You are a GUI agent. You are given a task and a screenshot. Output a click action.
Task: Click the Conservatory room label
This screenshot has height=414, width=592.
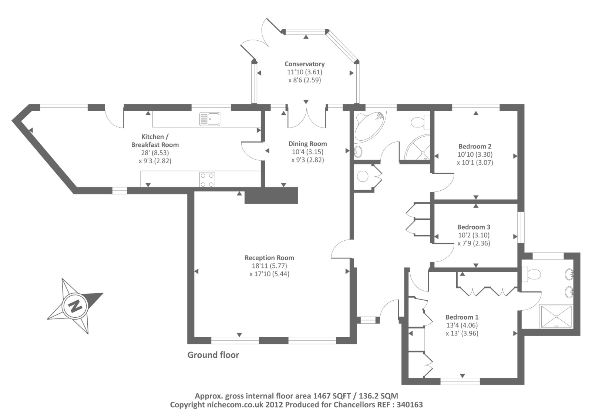tap(305, 64)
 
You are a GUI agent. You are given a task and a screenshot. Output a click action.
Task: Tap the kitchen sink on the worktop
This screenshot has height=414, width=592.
tap(210, 119)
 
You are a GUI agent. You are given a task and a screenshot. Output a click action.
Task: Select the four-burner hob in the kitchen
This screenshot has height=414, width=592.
tap(207, 180)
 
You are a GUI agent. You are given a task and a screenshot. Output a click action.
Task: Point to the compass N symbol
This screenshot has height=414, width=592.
tap(75, 306)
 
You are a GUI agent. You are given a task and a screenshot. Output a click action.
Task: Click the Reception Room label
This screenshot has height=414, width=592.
tap(269, 258)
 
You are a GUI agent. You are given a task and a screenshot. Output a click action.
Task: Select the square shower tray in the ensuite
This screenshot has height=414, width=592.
tap(556, 316)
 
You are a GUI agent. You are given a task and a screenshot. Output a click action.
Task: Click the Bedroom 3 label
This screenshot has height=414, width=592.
tap(474, 227)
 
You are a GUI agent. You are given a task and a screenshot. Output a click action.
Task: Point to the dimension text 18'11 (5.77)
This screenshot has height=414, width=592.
tap(269, 266)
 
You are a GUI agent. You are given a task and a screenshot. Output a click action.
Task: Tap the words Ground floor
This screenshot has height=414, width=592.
tap(213, 355)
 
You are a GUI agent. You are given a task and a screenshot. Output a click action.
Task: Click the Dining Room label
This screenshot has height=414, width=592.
tap(307, 144)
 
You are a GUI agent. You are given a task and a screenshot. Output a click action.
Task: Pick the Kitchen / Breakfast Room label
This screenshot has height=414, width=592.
tap(155, 141)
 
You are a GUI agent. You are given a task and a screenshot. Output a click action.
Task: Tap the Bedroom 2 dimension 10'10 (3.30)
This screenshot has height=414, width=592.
tap(475, 154)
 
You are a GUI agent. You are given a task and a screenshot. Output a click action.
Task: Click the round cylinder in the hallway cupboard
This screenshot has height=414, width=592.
tap(363, 176)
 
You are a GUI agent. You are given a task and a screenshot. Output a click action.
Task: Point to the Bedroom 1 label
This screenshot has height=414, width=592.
tap(462, 317)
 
